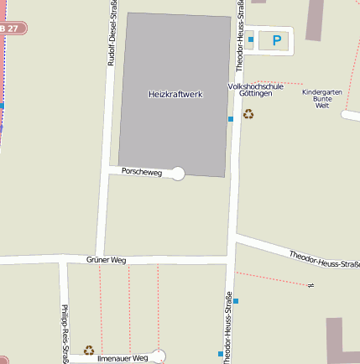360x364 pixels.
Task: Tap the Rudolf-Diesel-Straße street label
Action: pos(112,34)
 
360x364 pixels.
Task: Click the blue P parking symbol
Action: pos(276,39)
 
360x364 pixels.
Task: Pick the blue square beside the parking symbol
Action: pos(251,39)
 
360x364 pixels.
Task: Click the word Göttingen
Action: pos(255,95)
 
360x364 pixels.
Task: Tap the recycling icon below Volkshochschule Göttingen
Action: pos(248,113)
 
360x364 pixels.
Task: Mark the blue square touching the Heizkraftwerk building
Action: pos(231,119)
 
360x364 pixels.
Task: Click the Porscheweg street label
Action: pos(142,171)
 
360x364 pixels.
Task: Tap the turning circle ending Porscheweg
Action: pos(178,174)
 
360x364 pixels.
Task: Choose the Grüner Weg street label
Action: pos(106,260)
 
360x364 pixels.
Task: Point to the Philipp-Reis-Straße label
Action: pos(65,331)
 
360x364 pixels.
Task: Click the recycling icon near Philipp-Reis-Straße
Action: pos(89,350)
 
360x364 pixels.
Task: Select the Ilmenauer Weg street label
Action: pos(123,358)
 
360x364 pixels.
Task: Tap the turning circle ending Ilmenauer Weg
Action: pos(159,356)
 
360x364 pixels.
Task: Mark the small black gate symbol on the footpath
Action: pos(310,285)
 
